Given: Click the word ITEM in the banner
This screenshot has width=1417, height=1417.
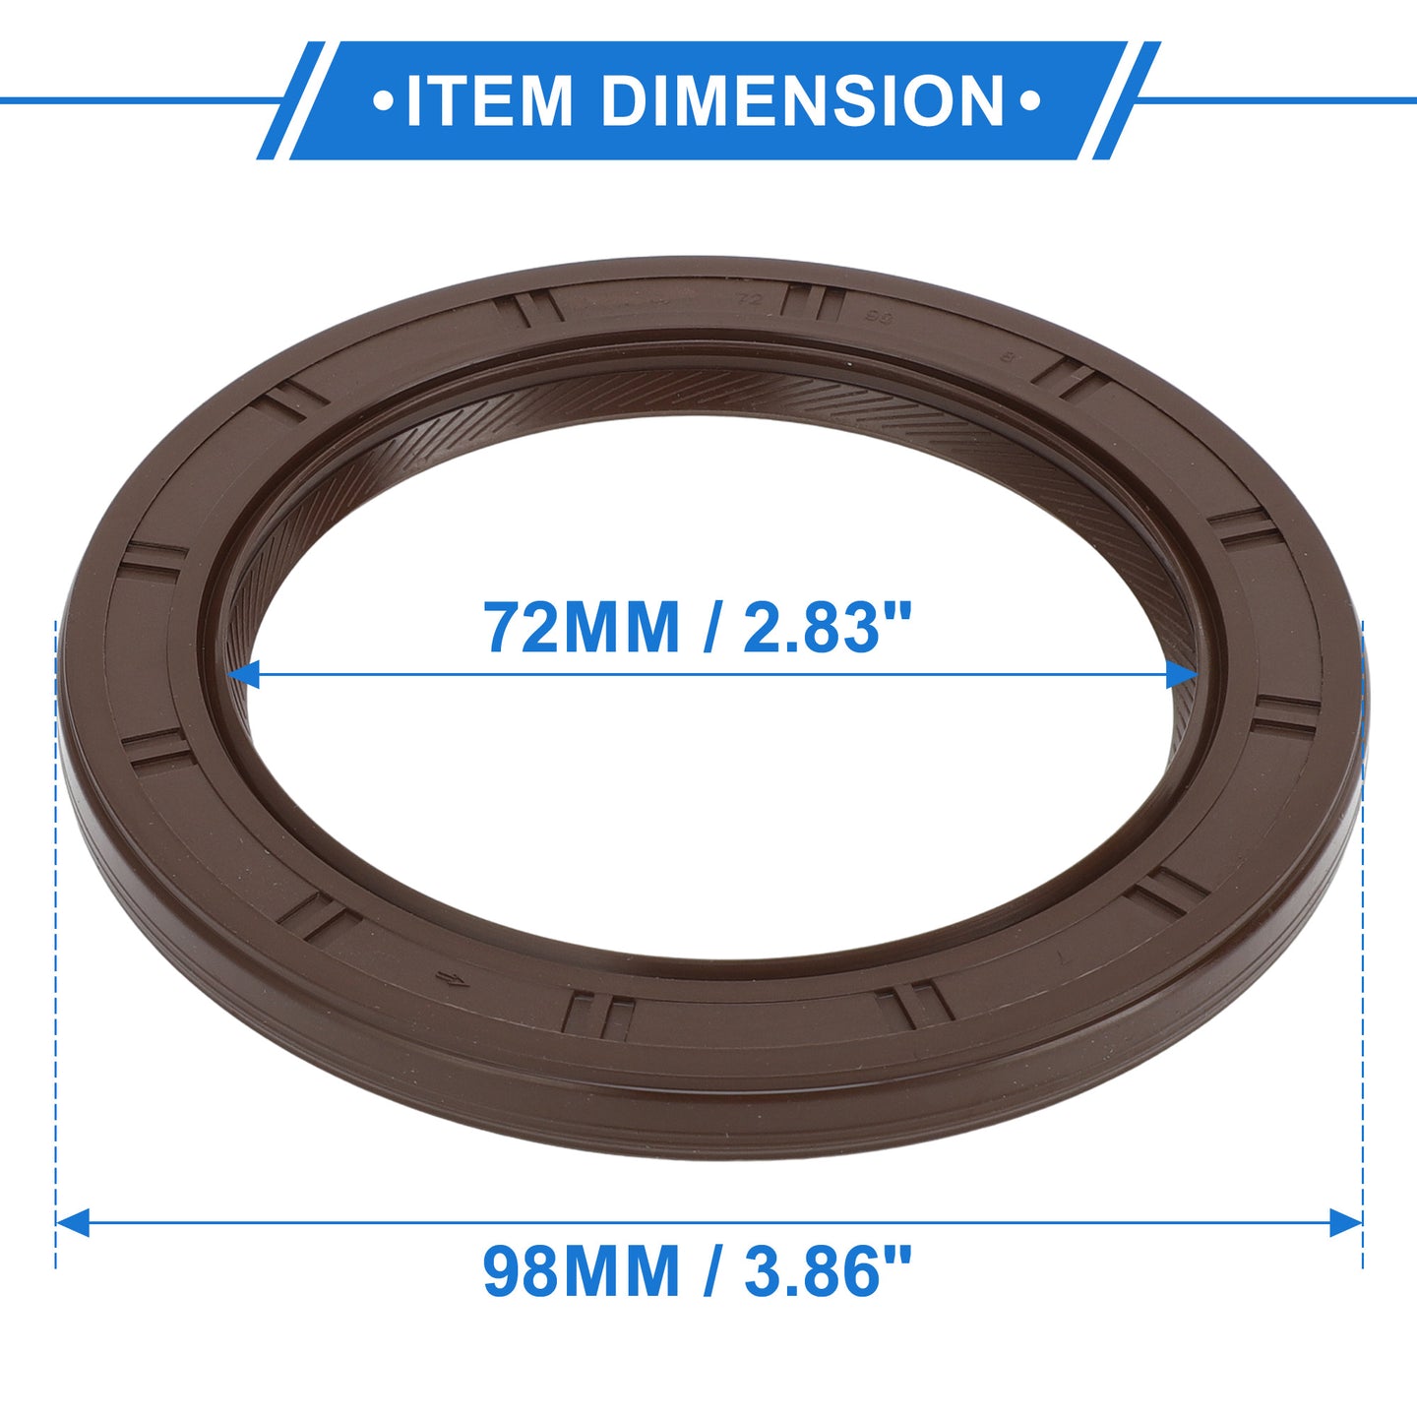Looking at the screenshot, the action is pyautogui.click(x=489, y=100).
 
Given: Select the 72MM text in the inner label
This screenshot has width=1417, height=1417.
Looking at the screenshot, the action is pyautogui.click(x=581, y=627).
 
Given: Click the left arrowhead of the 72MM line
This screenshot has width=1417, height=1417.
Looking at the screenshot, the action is pyautogui.click(x=243, y=674).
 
